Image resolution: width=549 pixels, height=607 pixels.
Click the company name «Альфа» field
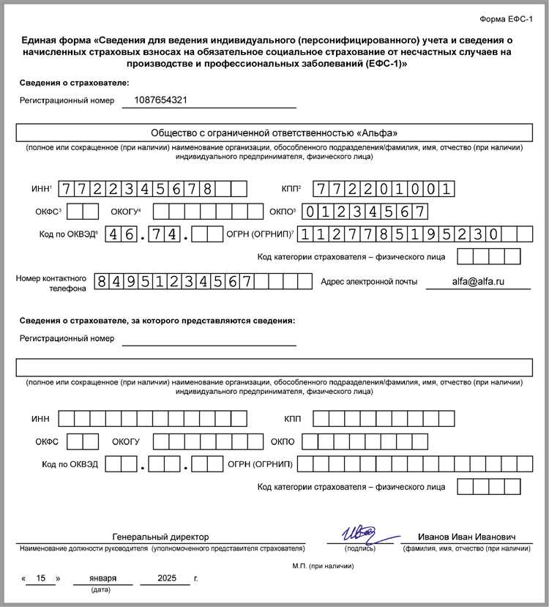pyautogui.click(x=274, y=133)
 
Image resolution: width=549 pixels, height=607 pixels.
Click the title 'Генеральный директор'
pyautogui.click(x=160, y=537)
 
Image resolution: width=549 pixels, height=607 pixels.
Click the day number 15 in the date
pyautogui.click(x=41, y=578)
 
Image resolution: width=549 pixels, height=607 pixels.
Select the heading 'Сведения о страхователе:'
pyautogui.click(x=74, y=83)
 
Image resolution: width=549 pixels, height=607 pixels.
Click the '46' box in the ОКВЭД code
pyautogui.click(x=122, y=234)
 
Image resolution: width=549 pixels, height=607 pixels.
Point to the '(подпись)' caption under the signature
pyautogui.click(x=361, y=548)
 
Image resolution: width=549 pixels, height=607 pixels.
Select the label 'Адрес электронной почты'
pyautogui.click(x=369, y=281)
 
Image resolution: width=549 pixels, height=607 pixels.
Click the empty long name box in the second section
pyautogui.click(x=274, y=367)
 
